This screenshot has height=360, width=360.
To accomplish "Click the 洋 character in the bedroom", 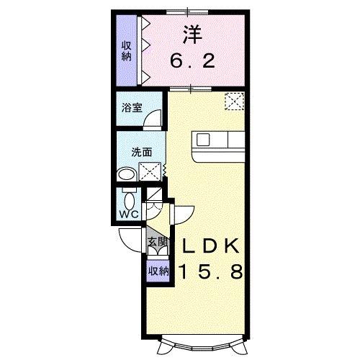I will [191, 34].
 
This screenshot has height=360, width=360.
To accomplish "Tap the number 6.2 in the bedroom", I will [192, 62].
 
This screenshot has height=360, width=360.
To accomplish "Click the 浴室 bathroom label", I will [132, 109].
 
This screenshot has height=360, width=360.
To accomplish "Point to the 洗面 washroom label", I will [141, 152].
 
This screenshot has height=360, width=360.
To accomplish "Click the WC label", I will [129, 215].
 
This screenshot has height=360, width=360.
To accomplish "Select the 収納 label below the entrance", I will [158, 271].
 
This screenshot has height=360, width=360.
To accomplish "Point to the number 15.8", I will [211, 272].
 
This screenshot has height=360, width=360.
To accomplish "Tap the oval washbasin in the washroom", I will [127, 174].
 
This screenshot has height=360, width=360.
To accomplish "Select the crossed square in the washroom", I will [150, 172].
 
